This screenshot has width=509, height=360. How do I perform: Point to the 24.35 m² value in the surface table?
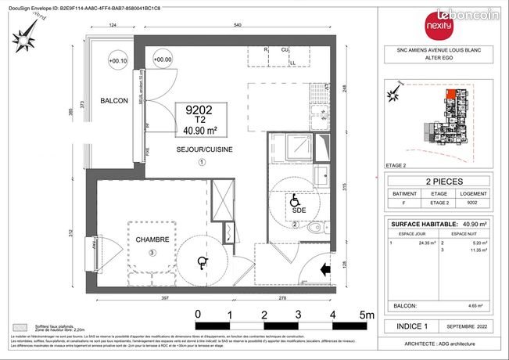[x=427, y=243]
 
